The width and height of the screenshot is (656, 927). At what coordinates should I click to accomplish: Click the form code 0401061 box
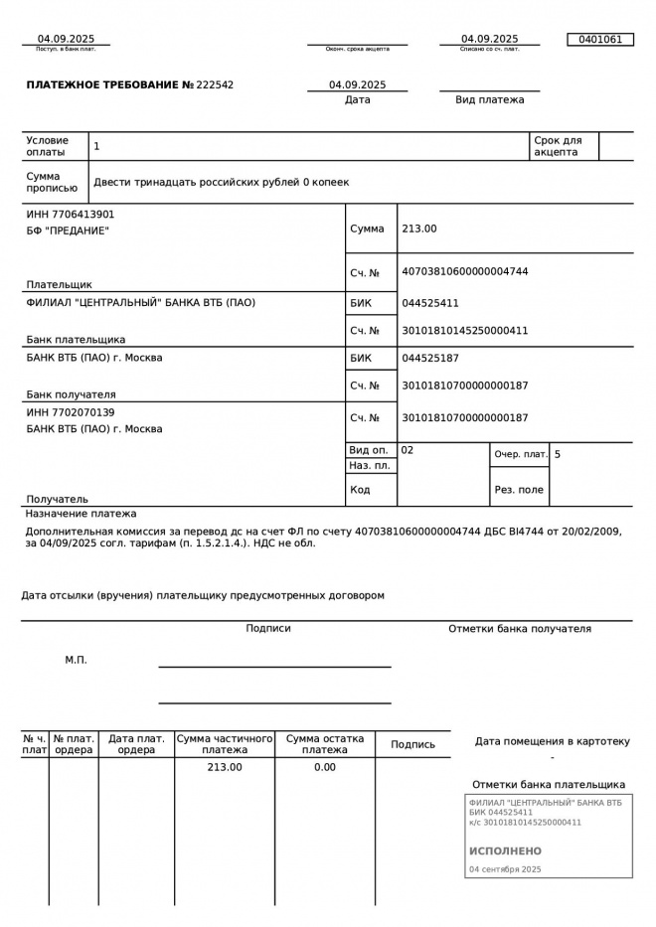pyautogui.click(x=599, y=40)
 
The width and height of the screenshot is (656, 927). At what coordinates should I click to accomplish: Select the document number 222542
pyautogui.click(x=216, y=85)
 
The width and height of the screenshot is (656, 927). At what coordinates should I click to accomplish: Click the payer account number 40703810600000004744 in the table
pyautogui.click(x=464, y=271)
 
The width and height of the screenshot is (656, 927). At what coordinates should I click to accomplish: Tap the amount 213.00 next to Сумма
pyautogui.click(x=418, y=229)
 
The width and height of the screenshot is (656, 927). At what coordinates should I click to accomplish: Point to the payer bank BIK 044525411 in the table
pyautogui.click(x=429, y=303)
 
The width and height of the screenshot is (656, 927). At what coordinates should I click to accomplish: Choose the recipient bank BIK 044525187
pyautogui.click(x=429, y=358)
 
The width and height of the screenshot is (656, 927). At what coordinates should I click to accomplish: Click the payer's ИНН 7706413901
pyautogui.click(x=71, y=214)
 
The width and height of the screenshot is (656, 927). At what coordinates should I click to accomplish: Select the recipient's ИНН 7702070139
pyautogui.click(x=71, y=411)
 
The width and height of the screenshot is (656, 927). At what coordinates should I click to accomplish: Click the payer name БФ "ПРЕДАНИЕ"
pyautogui.click(x=68, y=231)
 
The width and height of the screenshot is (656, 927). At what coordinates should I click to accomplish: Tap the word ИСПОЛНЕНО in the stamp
pyautogui.click(x=505, y=851)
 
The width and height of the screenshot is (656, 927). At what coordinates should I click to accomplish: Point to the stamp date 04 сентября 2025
pyautogui.click(x=505, y=869)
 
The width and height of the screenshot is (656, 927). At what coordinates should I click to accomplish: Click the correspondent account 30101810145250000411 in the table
pyautogui.click(x=464, y=330)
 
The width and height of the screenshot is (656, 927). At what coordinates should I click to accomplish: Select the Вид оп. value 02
pyautogui.click(x=408, y=450)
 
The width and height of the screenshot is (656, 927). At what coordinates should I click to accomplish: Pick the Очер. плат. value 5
pyautogui.click(x=558, y=454)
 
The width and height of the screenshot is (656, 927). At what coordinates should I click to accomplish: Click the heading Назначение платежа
pyautogui.click(x=82, y=514)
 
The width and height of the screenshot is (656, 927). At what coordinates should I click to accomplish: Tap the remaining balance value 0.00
pyautogui.click(x=325, y=767)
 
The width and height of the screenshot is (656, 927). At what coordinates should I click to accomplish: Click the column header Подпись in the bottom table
pyautogui.click(x=412, y=744)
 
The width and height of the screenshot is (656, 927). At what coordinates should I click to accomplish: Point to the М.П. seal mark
pyautogui.click(x=76, y=660)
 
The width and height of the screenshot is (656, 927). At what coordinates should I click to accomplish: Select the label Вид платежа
pyautogui.click(x=489, y=99)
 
